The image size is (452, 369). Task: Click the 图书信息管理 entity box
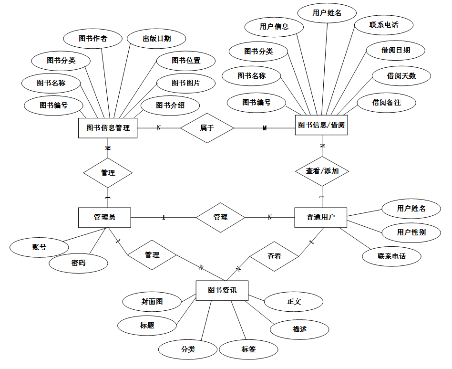point(108,127)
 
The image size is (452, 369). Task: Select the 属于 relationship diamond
point(207,127)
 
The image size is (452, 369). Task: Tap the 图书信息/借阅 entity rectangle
point(321,125)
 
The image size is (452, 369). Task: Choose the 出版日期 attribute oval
point(157,39)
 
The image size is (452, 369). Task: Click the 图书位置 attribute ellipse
point(186,61)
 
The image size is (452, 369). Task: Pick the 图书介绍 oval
point(170,105)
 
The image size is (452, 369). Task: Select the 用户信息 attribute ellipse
point(274,27)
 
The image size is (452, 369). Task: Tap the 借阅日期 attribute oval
point(396,50)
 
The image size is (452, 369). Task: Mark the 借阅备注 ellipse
point(386,103)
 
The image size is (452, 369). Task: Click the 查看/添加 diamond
point(322,170)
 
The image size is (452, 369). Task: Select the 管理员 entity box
point(104,217)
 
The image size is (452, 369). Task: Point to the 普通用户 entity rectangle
point(320,217)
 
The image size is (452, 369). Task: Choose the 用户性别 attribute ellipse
point(411,232)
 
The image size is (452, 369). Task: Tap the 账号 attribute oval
point(39,247)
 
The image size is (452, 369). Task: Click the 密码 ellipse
point(78,263)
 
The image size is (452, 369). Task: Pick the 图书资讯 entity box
point(222,290)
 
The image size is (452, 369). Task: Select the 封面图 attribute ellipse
point(152,302)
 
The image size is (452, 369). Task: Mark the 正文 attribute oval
point(294,302)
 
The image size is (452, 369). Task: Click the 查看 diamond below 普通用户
point(274,256)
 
